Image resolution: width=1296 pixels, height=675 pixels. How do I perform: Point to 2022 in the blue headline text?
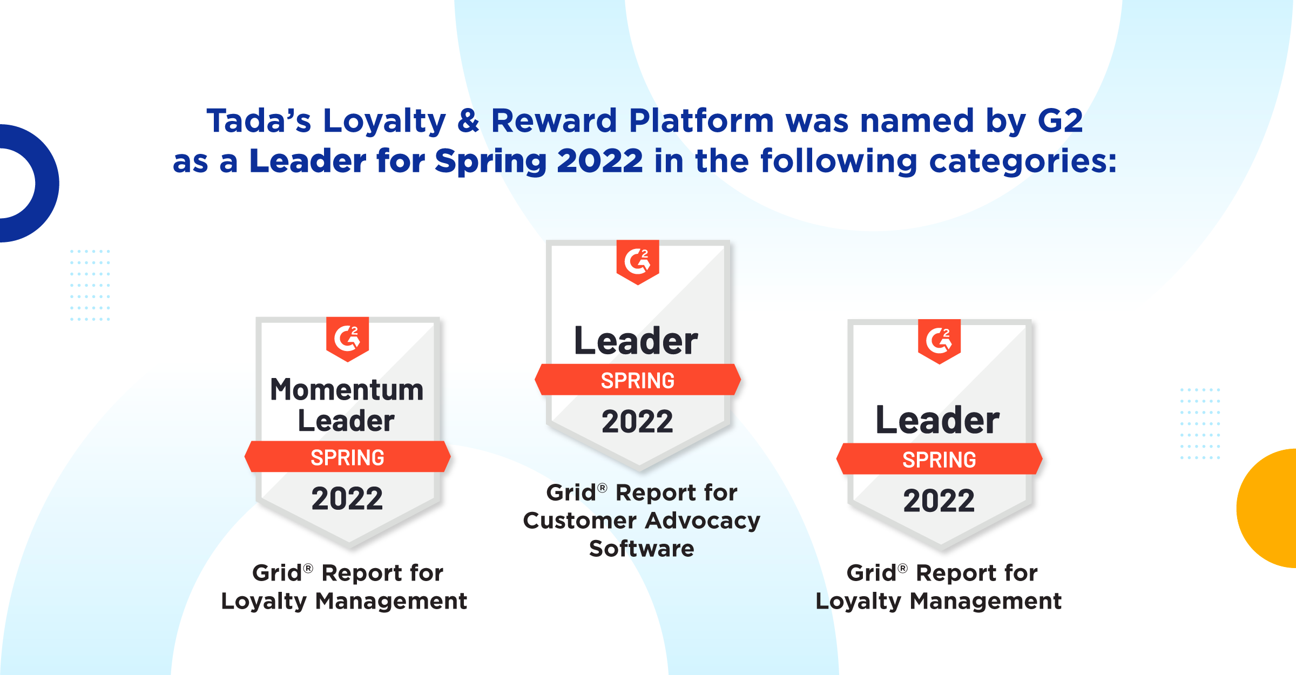(600, 161)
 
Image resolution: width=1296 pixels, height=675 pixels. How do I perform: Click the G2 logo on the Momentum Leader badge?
(347, 339)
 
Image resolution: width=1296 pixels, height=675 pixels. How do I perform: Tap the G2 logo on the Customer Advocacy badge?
(638, 262)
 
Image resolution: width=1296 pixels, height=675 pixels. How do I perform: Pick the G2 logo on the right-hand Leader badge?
(939, 341)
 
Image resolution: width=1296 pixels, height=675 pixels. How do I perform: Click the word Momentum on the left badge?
(347, 390)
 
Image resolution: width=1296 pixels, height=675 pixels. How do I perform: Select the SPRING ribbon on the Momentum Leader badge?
(347, 457)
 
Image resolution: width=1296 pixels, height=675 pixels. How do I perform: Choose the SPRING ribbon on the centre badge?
(638, 380)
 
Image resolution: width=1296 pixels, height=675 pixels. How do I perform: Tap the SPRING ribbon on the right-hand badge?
(939, 459)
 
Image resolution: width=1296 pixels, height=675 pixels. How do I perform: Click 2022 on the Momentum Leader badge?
(347, 498)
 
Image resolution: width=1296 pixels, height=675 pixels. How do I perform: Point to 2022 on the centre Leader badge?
(638, 422)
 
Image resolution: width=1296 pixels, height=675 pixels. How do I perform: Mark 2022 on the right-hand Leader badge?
(939, 501)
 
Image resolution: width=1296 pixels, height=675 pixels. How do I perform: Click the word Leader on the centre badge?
(636, 341)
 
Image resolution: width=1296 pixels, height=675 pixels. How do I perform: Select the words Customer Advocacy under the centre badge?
(642, 521)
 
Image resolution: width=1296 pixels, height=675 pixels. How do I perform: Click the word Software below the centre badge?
(642, 549)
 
